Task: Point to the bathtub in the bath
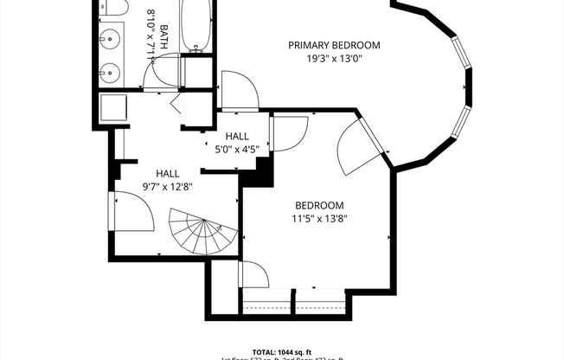(196, 26)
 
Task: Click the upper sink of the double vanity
(111, 39)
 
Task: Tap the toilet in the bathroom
(113, 8)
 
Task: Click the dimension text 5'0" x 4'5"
(236, 150)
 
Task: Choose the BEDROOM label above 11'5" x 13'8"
(320, 205)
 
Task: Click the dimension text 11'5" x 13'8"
(320, 219)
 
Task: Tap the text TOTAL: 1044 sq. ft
(282, 350)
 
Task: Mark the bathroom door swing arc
(160, 79)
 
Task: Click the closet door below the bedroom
(254, 276)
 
